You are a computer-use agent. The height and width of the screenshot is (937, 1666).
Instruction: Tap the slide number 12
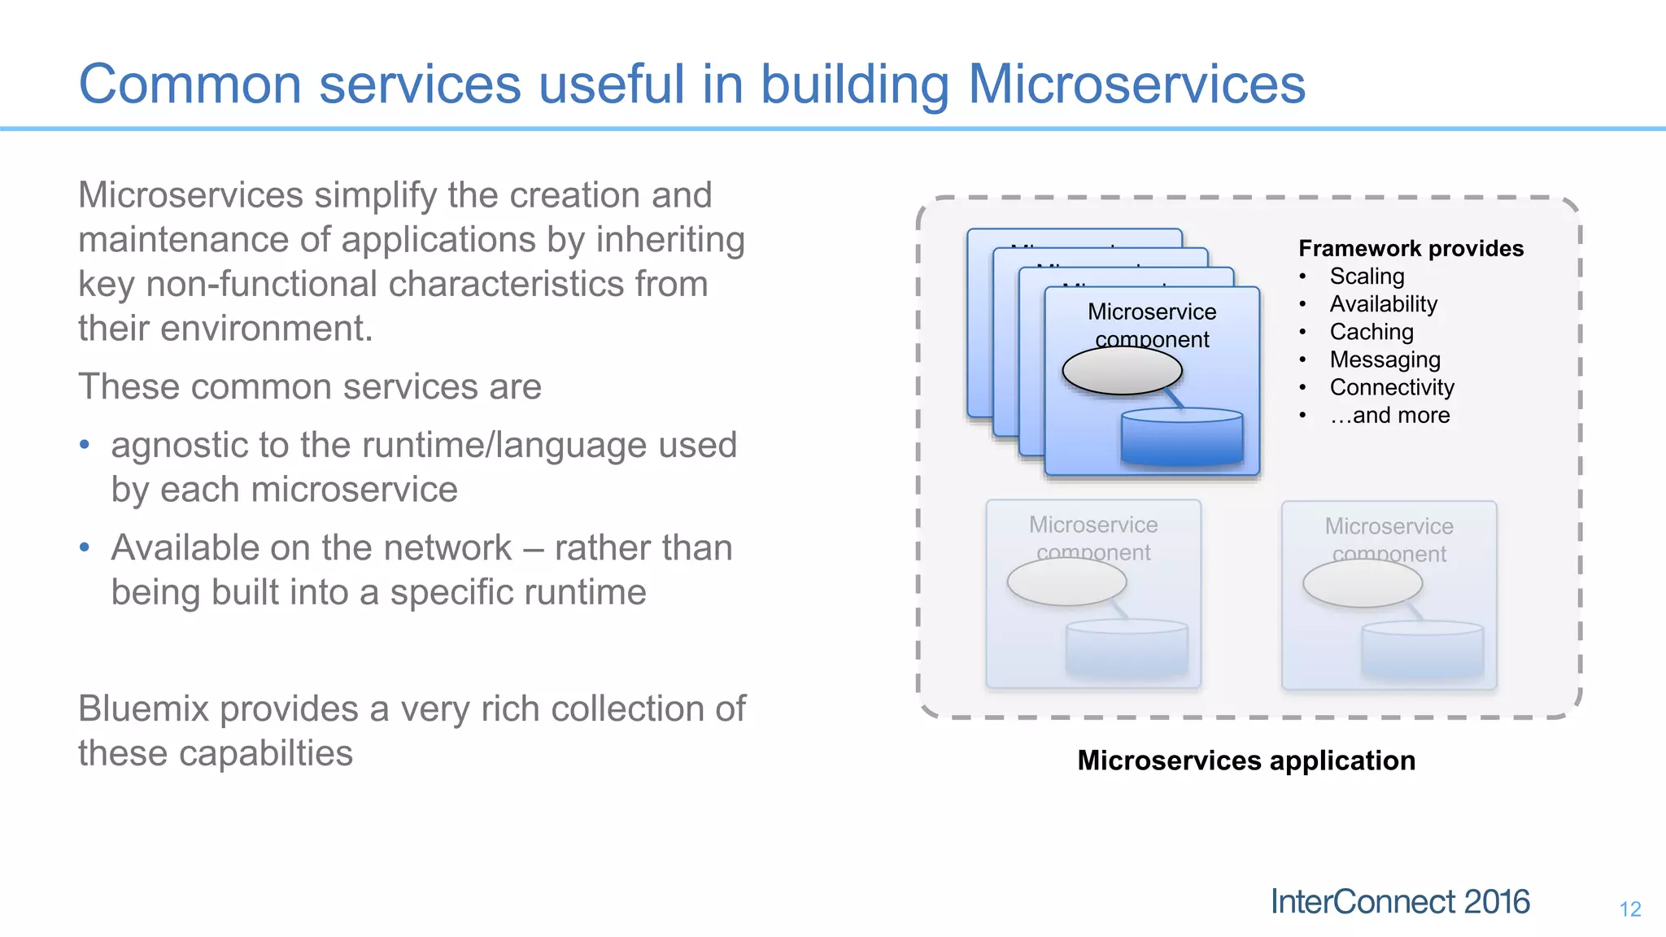click(x=1629, y=909)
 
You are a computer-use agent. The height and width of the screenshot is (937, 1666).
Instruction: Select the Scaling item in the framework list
click(x=1367, y=277)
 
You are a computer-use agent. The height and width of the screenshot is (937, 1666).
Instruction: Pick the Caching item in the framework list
click(x=1372, y=332)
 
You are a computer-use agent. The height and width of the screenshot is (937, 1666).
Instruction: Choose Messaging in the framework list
click(x=1385, y=360)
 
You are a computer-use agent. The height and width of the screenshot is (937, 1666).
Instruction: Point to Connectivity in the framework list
click(x=1391, y=387)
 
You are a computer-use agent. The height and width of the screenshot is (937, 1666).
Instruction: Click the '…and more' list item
click(x=1389, y=416)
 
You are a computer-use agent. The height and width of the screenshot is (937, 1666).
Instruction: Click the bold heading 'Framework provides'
click(x=1411, y=248)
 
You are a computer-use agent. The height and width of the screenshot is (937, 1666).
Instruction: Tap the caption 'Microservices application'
click(x=1246, y=760)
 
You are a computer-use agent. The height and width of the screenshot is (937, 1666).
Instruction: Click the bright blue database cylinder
click(x=1181, y=439)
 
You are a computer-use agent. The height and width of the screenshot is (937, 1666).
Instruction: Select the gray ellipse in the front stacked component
click(x=1122, y=371)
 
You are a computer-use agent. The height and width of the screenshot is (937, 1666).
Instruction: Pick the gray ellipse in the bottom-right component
click(x=1362, y=583)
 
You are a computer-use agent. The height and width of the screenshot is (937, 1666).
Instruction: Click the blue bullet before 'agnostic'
click(x=85, y=445)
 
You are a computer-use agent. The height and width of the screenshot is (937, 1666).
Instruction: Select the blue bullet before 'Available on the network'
click(x=85, y=547)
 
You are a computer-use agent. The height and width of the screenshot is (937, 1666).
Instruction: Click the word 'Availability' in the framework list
click(x=1383, y=304)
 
